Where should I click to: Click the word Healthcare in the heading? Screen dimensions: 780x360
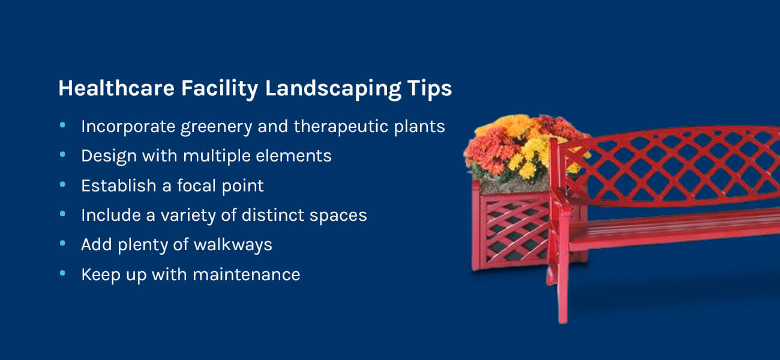[x=116, y=88]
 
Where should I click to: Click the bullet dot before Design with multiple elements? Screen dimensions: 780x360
[x=62, y=154]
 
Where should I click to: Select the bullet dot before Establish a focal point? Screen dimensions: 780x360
[x=62, y=184]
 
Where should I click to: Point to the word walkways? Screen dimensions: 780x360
[x=233, y=245]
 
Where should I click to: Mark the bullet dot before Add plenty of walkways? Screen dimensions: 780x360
[x=62, y=243]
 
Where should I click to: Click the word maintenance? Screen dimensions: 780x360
[x=247, y=275]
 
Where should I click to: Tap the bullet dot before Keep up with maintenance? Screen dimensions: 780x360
[x=62, y=273]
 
